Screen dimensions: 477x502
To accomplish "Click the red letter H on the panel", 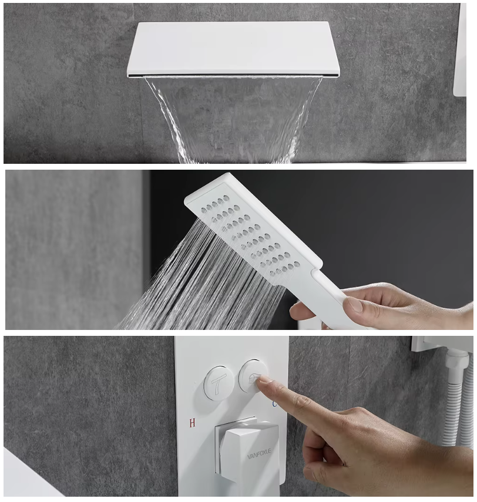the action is click(x=192, y=423).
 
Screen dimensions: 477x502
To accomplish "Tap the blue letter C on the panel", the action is click(x=274, y=404).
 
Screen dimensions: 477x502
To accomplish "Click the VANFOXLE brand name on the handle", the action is click(x=259, y=453).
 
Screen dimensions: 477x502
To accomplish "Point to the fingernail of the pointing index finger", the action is click(x=266, y=380).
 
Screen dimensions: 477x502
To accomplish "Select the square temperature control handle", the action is click(x=247, y=447).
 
